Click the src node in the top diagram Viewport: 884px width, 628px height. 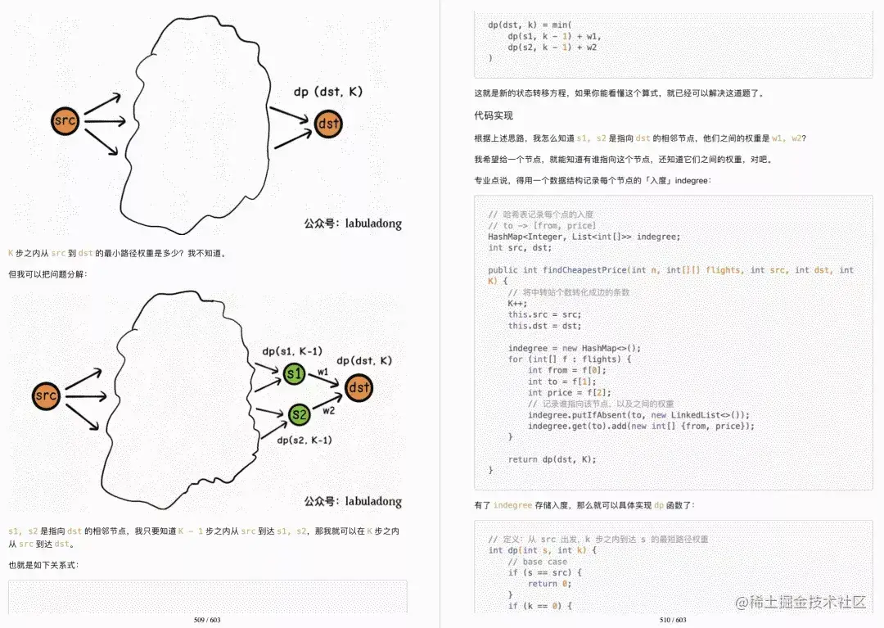click(64, 122)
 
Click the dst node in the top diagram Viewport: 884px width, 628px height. click(328, 124)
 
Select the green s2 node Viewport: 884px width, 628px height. click(300, 415)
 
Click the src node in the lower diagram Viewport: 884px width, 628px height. click(46, 396)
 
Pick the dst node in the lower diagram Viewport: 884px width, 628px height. click(359, 387)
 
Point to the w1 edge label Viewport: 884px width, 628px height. click(322, 372)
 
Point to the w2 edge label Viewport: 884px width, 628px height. click(328, 409)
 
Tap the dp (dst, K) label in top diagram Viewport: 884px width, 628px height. click(327, 93)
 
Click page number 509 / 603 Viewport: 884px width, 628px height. click(208, 620)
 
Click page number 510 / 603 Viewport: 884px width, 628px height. click(673, 620)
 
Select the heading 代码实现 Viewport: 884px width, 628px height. click(494, 115)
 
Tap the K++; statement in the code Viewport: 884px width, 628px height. click(517, 303)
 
